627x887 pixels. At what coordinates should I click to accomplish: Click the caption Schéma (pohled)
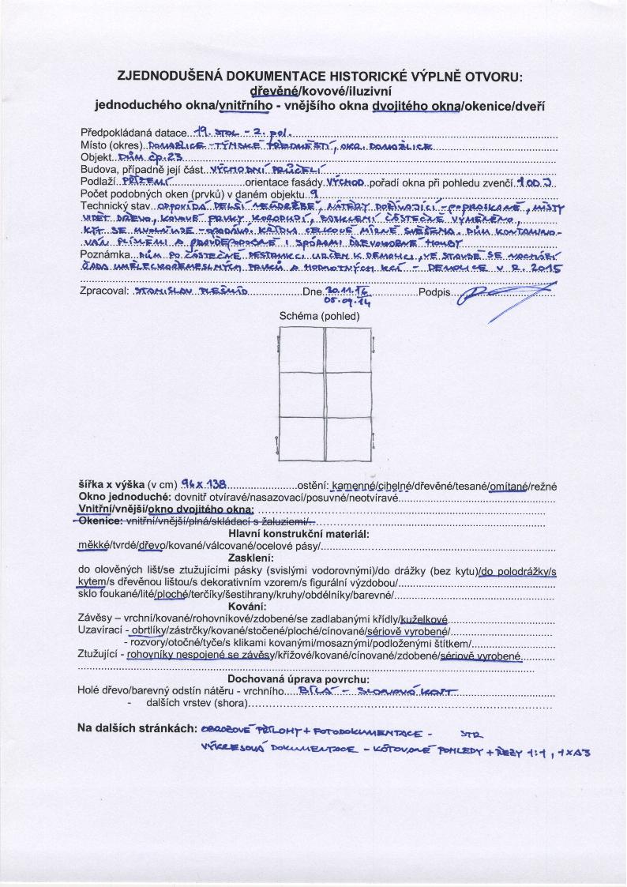tap(320, 316)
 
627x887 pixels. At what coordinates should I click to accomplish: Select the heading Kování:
tap(320, 606)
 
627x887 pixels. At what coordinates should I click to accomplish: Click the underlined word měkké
tap(93, 546)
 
